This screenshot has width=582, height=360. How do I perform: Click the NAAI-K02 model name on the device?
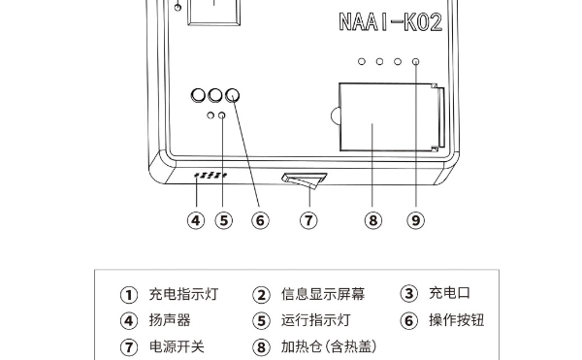pos(391,22)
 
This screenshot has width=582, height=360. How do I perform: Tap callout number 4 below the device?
pos(196,220)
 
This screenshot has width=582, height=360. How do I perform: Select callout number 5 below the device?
pos(224,220)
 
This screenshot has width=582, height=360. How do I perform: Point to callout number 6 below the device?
pos(260,220)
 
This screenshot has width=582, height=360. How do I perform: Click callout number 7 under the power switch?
pos(308,220)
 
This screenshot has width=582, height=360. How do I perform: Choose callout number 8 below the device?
pos(373,220)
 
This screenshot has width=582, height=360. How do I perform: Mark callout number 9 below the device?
pos(416,220)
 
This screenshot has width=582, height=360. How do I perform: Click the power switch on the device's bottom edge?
pos(305,180)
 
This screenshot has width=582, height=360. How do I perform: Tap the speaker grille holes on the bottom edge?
pos(210,175)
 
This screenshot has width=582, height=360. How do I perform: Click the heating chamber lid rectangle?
pos(388,116)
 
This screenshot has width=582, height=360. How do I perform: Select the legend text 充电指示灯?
pos(183,294)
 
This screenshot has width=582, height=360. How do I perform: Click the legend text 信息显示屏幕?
pos(323,294)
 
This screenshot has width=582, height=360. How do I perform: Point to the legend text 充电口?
pos(449,293)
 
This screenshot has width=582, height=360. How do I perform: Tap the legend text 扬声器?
pos(170,320)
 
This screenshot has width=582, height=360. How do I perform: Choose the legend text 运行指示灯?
pos(315,320)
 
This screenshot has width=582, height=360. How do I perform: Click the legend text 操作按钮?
pos(457,320)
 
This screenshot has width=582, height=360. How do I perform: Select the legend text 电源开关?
pos(177,346)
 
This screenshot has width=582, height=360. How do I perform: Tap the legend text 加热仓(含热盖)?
pos(329,346)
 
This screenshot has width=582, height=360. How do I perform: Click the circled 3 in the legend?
pos(409,293)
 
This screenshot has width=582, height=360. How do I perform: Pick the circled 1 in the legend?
pos(129,295)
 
